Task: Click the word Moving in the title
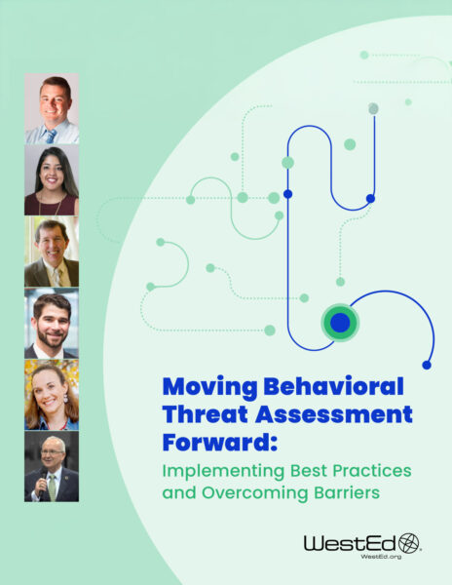(x=209, y=388)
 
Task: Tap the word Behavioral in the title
(x=334, y=386)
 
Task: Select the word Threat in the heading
(x=206, y=414)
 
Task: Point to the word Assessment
(x=334, y=414)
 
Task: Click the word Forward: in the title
(x=220, y=442)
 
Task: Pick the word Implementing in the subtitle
(x=223, y=472)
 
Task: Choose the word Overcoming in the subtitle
(x=255, y=493)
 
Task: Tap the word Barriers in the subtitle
(x=347, y=492)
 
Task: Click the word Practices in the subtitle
(x=372, y=470)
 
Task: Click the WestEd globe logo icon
(x=409, y=543)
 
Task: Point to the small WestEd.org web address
(x=381, y=557)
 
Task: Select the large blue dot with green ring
(x=340, y=323)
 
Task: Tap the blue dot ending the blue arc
(x=427, y=365)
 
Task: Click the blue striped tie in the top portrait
(x=51, y=136)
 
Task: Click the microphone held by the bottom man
(x=43, y=479)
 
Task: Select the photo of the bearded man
(x=52, y=323)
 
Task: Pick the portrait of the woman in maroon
(x=52, y=179)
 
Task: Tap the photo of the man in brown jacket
(x=52, y=252)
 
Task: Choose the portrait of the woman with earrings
(x=52, y=395)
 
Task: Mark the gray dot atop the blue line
(x=373, y=108)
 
